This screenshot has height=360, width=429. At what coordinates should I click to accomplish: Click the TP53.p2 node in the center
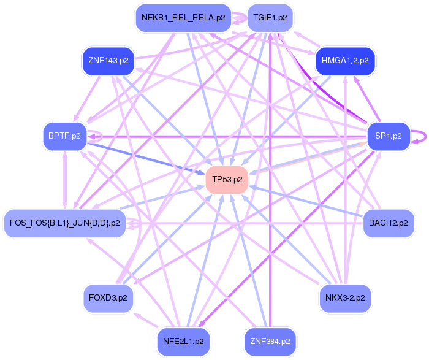point(227,180)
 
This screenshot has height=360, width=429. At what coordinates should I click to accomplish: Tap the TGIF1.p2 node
point(270,18)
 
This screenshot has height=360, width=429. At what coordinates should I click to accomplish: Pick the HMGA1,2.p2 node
point(345,61)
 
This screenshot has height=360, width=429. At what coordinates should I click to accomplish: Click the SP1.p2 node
point(387,136)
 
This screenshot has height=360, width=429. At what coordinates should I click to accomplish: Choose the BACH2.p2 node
point(389,223)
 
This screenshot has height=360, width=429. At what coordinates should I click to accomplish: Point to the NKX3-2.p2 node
point(345,297)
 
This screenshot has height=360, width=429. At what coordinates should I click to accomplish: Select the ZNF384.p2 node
point(270,339)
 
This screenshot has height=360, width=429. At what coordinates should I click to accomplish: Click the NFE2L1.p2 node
point(184,339)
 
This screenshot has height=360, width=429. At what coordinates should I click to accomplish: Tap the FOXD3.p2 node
point(108,297)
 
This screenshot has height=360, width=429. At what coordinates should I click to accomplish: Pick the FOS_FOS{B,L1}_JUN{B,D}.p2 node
point(64,223)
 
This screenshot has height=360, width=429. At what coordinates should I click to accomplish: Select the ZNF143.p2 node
point(108,61)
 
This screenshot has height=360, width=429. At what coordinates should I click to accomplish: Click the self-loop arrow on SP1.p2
point(420,136)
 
